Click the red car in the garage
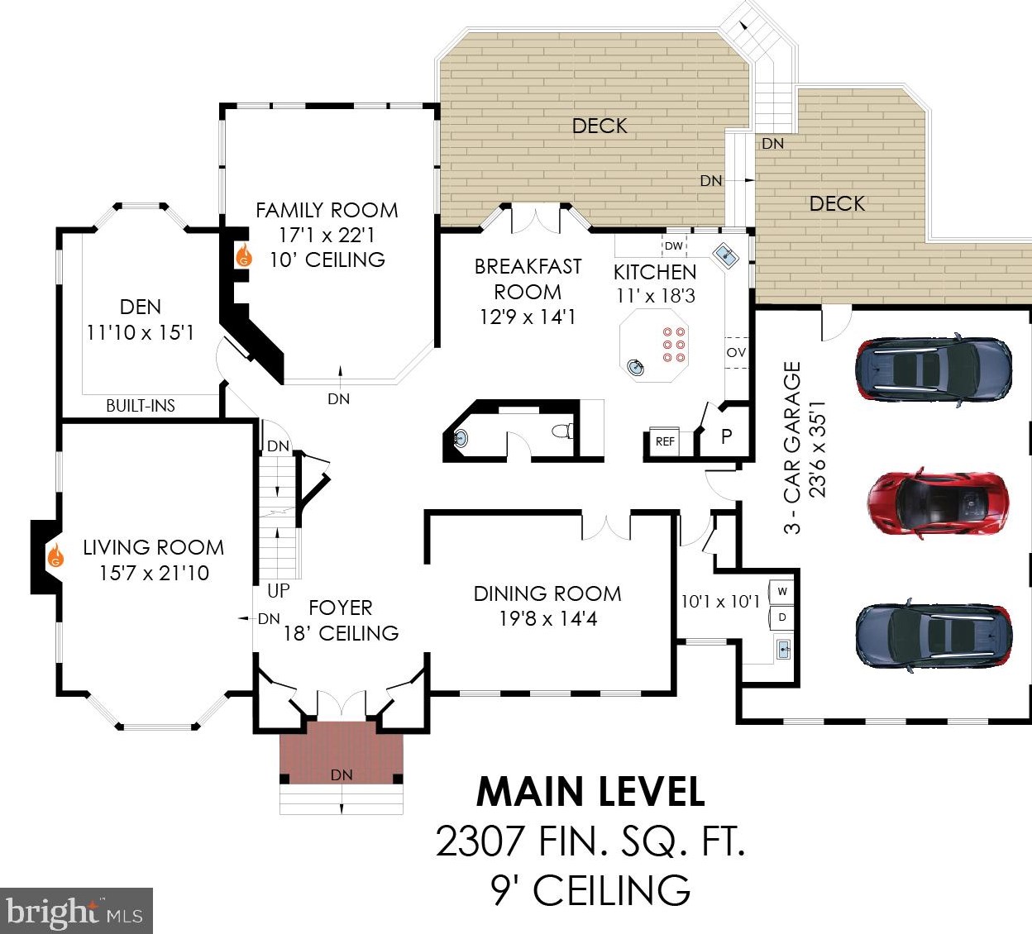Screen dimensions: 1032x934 [937, 503]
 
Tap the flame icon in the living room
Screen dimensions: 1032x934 [55, 555]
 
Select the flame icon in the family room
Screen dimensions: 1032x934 [244, 255]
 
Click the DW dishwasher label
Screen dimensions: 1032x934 [673, 245]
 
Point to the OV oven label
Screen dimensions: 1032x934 [736, 352]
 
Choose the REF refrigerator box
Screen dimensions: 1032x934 [664, 441]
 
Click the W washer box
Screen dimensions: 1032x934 [781, 592]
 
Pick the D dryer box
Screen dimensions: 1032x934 [781, 617]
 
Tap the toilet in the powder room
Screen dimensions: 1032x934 [563, 430]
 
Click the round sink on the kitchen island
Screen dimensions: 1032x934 [636, 367]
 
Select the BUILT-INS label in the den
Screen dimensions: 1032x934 [141, 406]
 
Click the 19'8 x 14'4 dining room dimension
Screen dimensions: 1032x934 [548, 619]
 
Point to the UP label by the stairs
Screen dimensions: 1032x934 [279, 591]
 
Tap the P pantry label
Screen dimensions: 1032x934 [726, 436]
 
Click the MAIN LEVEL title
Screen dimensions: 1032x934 [590, 793]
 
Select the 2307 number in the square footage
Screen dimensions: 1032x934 [479, 841]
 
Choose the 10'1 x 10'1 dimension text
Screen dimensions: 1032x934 [720, 601]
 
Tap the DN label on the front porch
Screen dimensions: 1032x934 [342, 774]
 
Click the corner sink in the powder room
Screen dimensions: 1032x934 [460, 439]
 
